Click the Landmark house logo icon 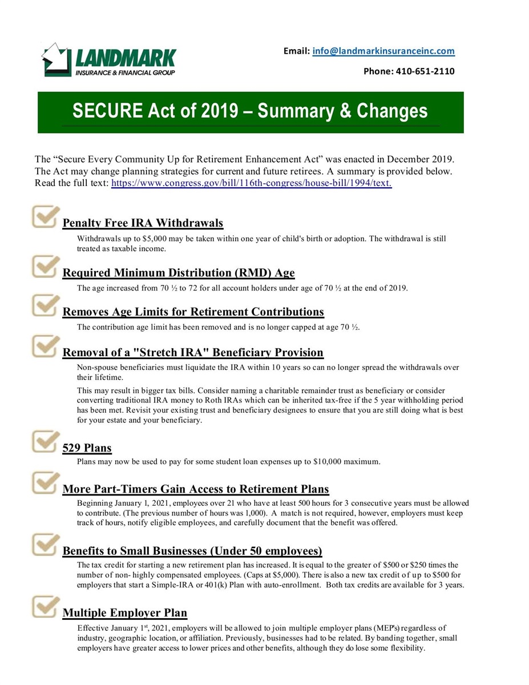point(57,59)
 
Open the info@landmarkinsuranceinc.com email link point(383,51)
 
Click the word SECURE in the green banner point(105,111)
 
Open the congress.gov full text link point(251,183)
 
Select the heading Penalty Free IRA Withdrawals point(143,223)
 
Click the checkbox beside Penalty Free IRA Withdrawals point(45,217)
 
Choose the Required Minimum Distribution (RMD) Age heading point(178,273)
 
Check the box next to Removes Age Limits point(45,306)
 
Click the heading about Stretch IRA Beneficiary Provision point(193,352)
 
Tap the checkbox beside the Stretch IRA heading point(45,346)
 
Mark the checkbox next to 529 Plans point(45,441)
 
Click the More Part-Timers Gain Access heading point(195,489)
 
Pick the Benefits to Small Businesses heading point(192,551)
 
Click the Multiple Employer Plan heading point(124,613)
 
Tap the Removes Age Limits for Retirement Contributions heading point(193,312)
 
